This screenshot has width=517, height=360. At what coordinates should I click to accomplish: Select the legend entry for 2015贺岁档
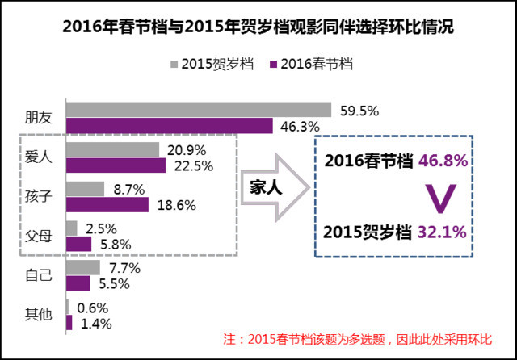click(x=212, y=63)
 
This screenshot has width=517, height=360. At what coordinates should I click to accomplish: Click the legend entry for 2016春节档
click(x=316, y=63)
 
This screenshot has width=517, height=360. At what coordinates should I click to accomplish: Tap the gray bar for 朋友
click(x=198, y=110)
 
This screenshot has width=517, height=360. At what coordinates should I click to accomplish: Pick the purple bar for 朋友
click(x=169, y=126)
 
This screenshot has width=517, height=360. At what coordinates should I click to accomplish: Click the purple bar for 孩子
click(x=107, y=205)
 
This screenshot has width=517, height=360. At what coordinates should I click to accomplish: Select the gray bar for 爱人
click(x=112, y=149)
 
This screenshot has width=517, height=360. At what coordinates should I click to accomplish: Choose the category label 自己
click(x=40, y=275)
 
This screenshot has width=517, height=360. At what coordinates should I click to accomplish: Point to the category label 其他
click(x=40, y=315)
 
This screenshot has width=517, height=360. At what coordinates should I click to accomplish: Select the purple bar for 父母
click(x=78, y=244)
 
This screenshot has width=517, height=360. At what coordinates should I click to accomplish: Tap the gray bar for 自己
click(x=82, y=267)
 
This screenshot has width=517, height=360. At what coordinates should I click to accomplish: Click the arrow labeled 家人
click(x=271, y=187)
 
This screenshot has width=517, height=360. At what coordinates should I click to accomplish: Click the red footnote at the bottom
click(x=368, y=339)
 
